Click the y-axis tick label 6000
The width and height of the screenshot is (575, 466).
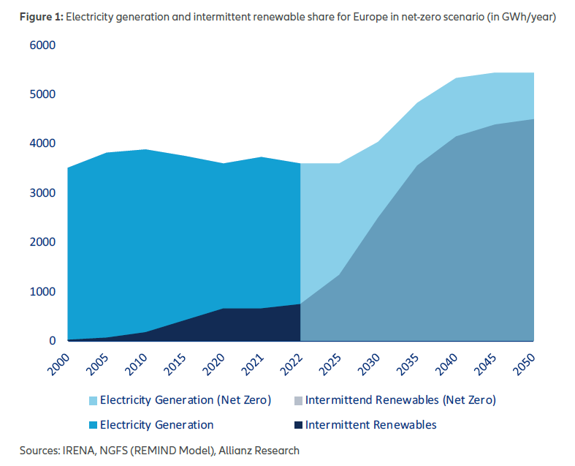click(42, 45)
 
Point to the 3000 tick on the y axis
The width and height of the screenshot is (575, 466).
click(42, 193)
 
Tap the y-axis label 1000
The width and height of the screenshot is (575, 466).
click(42, 292)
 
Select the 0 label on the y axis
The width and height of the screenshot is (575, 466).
click(52, 341)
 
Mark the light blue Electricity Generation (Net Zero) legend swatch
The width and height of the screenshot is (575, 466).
click(92, 400)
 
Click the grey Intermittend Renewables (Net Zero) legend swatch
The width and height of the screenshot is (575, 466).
click(297, 400)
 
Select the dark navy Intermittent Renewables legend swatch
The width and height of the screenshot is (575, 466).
click(297, 424)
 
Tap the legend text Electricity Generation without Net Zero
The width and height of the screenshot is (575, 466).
click(156, 424)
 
